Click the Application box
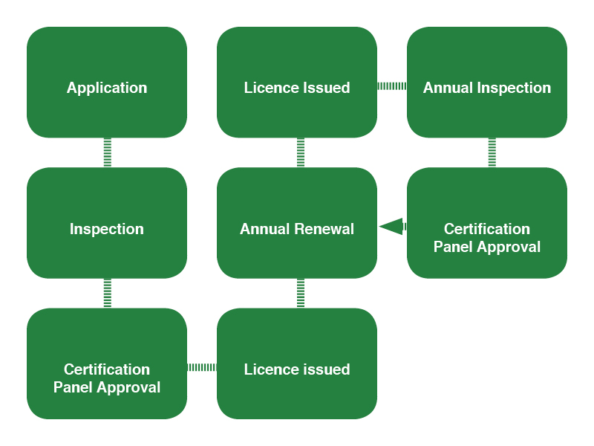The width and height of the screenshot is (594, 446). coord(107,83)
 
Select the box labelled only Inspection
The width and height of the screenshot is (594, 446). coord(107,223)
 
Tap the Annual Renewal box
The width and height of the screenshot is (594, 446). coord(297,223)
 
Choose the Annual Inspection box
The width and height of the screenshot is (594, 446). coord(487,83)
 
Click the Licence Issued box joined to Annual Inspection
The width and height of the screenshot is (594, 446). coord(297,83)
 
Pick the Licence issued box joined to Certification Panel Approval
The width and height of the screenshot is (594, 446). coord(297,363)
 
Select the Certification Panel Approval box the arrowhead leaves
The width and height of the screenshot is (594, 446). coord(487,223)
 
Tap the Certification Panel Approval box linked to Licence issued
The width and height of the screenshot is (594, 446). coord(107,363)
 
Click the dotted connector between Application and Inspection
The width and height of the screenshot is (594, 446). coord(108,152)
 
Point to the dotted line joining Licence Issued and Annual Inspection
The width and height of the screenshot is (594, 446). coord(392,86)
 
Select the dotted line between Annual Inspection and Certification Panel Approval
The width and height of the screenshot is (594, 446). coord(492,152)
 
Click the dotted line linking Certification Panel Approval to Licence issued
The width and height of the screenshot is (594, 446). coord(202,367)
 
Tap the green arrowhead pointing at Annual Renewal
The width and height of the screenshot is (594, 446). coord(391,226)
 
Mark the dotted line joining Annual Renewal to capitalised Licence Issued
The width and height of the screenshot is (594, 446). coord(301,152)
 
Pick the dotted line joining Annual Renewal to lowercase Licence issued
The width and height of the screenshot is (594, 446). coord(301,293)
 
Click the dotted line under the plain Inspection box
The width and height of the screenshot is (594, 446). coord(108,293)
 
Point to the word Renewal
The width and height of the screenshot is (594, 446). coord(326,229)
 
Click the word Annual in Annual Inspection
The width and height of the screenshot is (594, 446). coord(446,88)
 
